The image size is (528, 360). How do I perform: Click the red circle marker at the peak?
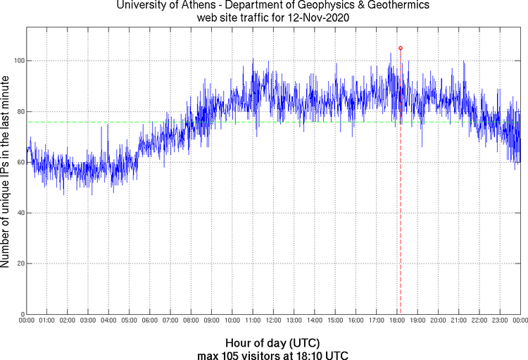coord(401,48)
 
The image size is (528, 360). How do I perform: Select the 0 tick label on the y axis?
coord(22,314)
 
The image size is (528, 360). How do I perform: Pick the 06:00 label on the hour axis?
coord(150,321)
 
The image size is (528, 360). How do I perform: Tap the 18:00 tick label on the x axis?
coord(397,321)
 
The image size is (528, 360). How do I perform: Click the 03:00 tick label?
coord(89,321)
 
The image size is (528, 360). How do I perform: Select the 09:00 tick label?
coord(212,321)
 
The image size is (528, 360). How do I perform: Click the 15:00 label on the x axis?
coord(335,321)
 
